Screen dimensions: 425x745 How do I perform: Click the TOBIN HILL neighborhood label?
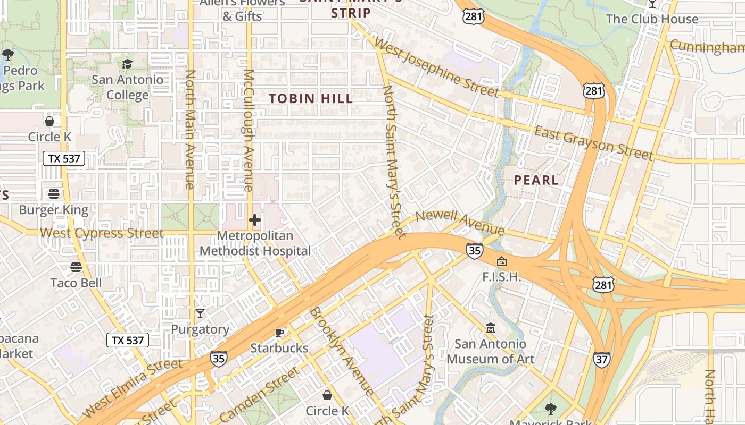(x=311, y=98)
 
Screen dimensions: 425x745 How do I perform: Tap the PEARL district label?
(x=536, y=180)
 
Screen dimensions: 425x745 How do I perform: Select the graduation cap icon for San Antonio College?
(x=127, y=64)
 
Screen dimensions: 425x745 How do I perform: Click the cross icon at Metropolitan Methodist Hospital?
(x=255, y=219)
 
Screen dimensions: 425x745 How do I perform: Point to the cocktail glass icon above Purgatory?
(x=200, y=313)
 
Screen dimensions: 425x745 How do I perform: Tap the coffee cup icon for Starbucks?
(x=279, y=333)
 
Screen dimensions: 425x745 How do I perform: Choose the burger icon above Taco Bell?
(x=76, y=267)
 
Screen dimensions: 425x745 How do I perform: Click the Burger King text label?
(x=53, y=210)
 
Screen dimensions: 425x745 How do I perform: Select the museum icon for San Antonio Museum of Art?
(x=491, y=328)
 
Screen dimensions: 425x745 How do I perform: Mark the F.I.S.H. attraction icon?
(x=501, y=261)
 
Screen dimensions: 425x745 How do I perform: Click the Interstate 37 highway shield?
(x=602, y=360)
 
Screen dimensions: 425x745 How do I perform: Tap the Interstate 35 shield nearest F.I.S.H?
(x=474, y=250)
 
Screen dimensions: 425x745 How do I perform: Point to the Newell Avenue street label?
(x=460, y=223)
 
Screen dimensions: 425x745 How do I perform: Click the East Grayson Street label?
(x=593, y=143)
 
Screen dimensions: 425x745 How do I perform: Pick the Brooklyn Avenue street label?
(x=342, y=351)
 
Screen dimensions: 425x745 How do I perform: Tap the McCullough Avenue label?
(x=248, y=130)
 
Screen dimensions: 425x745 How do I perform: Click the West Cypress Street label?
(x=102, y=233)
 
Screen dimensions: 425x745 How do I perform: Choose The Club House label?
(x=652, y=19)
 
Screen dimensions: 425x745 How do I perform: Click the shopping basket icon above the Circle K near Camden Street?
(x=327, y=395)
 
